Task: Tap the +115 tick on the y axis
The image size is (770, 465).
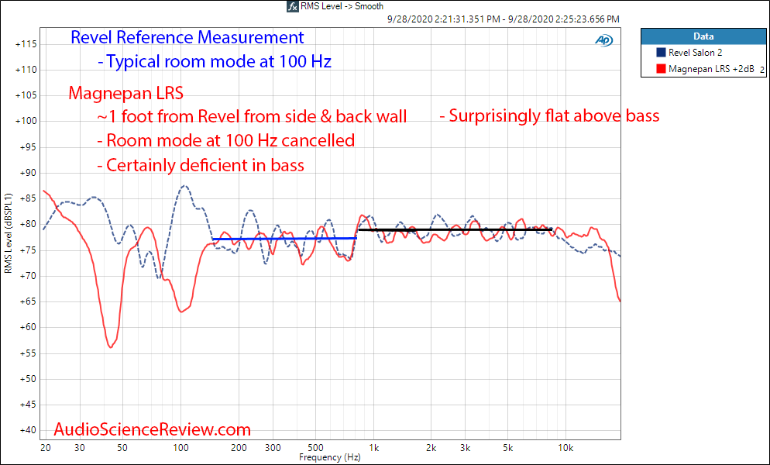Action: click(26, 44)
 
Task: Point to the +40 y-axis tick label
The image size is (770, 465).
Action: click(26, 430)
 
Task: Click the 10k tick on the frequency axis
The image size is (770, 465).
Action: click(565, 448)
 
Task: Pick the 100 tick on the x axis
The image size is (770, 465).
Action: click(180, 448)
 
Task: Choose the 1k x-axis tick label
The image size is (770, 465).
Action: click(373, 448)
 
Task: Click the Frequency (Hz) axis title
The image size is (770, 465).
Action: click(330, 458)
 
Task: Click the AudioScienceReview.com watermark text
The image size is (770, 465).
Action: click(153, 429)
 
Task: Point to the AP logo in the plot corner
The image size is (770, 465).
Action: click(603, 40)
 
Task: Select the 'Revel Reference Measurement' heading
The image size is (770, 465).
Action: click(187, 37)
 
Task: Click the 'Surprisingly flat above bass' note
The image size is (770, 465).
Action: click(549, 116)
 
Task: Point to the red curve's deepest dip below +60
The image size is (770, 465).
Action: click(110, 347)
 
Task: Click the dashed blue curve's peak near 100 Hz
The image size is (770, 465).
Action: click(184, 186)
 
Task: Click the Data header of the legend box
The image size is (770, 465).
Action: click(703, 36)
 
